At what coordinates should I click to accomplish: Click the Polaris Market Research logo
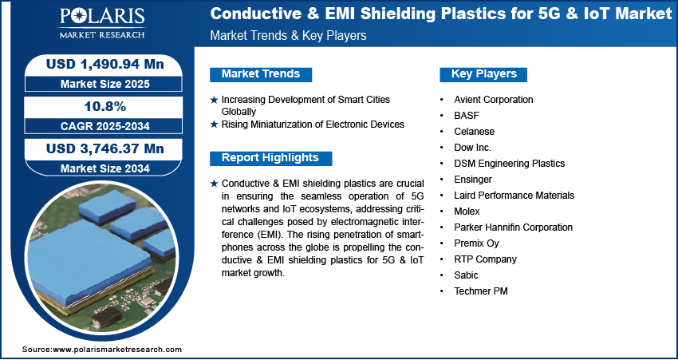102,23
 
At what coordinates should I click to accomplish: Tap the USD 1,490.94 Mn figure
105,64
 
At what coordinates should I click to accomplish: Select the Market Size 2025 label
105,84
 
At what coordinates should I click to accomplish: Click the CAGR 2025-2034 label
105,126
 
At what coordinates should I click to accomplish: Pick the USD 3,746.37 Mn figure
105,148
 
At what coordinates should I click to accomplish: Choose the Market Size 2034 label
105,168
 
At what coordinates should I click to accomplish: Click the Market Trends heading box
261,74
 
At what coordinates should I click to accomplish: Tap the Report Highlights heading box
270,158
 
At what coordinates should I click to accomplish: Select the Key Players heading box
483,74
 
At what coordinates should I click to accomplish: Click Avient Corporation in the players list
494,100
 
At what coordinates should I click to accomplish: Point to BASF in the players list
467,116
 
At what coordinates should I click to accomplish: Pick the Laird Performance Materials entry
514,195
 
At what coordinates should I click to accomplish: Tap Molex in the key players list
467,212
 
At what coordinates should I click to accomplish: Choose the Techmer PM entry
481,291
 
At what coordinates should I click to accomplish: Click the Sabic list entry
466,275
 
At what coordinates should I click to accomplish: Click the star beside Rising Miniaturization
214,125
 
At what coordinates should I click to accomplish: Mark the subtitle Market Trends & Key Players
289,35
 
